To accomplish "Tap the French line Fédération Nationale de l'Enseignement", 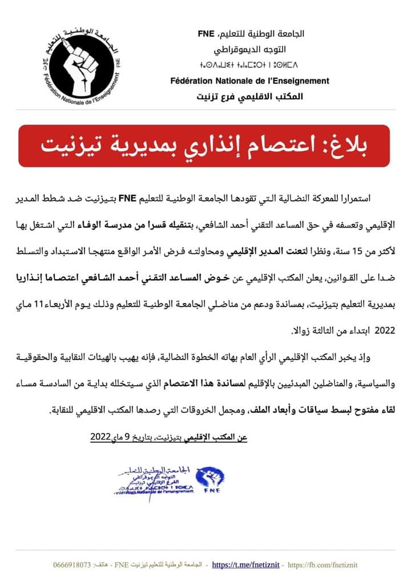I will click(x=250, y=81).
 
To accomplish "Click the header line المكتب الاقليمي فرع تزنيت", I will click(x=251, y=96).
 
